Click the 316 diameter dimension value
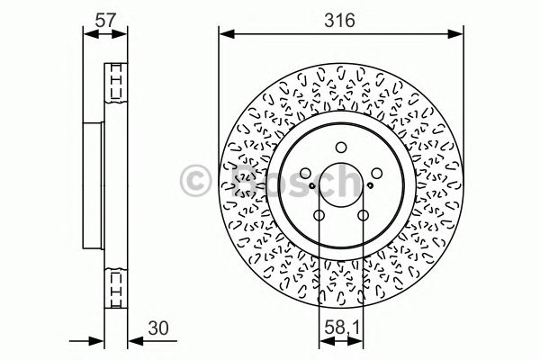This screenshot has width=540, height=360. (x=340, y=18)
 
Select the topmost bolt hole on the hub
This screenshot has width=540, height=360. (x=340, y=148)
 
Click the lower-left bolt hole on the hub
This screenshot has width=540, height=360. (x=319, y=215)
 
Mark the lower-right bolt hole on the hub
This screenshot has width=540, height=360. (x=362, y=215)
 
